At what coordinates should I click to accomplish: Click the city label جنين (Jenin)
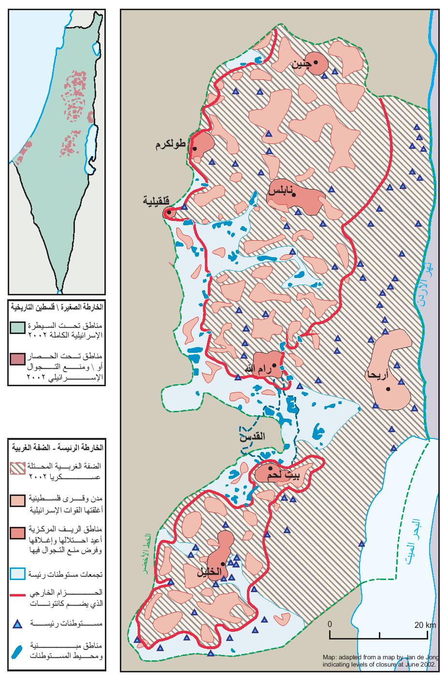(x=301, y=64)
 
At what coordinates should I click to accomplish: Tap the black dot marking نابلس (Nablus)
(x=294, y=194)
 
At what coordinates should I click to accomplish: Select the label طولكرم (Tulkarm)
(x=171, y=145)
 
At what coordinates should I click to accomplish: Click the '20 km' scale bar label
(x=425, y=625)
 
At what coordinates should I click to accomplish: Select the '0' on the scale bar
(x=330, y=624)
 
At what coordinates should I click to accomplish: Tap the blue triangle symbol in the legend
(x=17, y=624)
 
